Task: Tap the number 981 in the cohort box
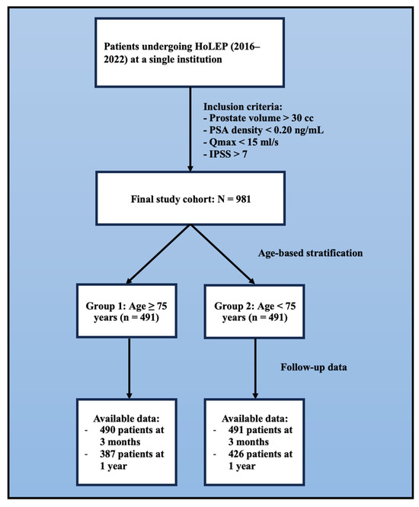tap(243, 199)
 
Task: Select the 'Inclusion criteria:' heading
tap(243, 107)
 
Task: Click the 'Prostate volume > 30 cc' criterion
tap(258, 118)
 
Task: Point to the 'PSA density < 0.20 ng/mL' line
tap(264, 130)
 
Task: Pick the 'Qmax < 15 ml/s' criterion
tap(241, 142)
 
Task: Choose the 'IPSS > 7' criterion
tap(225, 154)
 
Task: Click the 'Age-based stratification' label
tap(311, 253)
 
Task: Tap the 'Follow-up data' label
tap(314, 367)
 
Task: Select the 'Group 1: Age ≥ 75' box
tap(126, 311)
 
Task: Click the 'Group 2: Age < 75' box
tap(254, 311)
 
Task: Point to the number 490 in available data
tap(107, 430)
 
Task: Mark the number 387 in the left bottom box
tap(107, 454)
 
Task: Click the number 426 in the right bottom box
tap(236, 454)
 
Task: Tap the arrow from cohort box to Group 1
tap(158, 254)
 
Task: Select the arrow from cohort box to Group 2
tap(222, 255)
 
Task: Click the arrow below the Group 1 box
tap(130, 368)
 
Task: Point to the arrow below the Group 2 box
tap(255, 368)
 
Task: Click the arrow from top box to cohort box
tap(190, 130)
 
